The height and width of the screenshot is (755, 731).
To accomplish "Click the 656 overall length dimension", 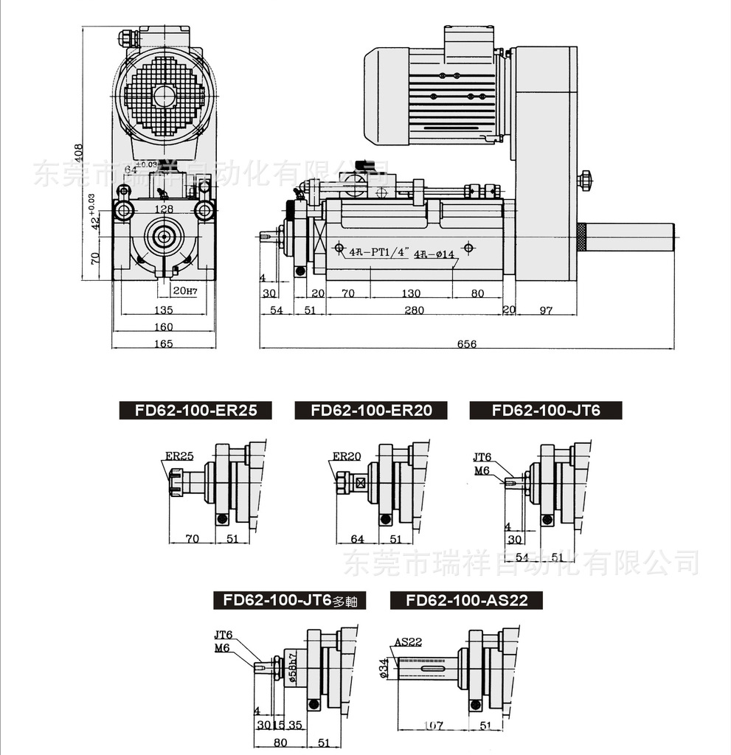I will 467,344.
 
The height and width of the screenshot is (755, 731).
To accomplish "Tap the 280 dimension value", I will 414,310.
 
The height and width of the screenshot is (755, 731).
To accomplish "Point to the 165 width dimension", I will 163,344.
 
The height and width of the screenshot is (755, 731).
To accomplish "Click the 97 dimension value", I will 546,310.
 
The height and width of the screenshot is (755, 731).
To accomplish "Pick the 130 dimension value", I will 412,293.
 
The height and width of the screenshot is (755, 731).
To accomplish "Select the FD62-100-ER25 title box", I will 195,411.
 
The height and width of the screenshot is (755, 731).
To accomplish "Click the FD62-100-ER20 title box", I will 370,411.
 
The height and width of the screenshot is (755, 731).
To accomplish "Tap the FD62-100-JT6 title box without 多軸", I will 545,411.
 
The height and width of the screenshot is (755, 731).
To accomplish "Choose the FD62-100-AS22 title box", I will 466,600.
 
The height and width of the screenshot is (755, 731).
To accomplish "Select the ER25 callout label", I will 179,456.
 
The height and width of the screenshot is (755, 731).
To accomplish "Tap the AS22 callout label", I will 408,642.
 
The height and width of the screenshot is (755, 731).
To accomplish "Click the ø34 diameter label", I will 384,668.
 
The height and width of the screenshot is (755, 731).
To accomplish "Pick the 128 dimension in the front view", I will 164,209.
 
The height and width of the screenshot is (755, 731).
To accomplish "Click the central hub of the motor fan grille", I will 164,95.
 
